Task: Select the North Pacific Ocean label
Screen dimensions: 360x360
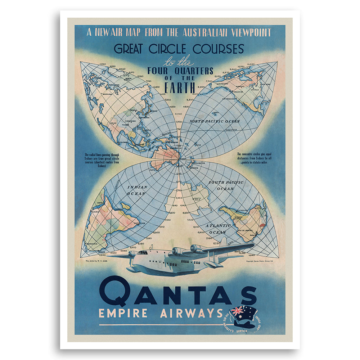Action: (x=215, y=121)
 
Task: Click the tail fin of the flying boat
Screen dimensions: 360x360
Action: (x=223, y=242)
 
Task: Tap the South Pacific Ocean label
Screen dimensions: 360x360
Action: (x=226, y=185)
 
